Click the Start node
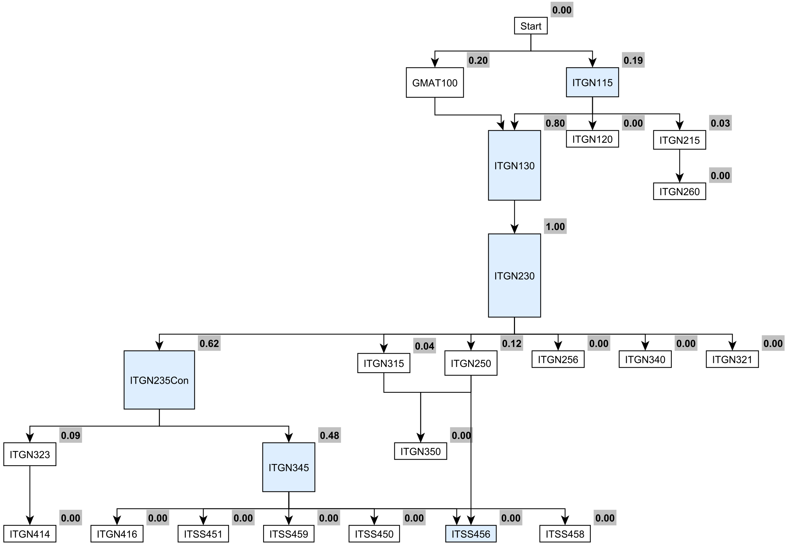(530, 26)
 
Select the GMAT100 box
(435, 82)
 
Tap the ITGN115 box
(592, 82)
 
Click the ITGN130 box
(514, 165)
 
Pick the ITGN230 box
(514, 275)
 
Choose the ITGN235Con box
(159, 380)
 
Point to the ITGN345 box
(288, 467)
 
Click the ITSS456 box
(471, 534)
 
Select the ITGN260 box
(679, 191)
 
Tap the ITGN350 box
(420, 451)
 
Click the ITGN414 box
(30, 534)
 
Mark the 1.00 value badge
(555, 227)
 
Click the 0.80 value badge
(555, 123)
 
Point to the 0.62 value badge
(209, 343)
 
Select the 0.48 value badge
(329, 436)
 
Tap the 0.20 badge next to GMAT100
(478, 60)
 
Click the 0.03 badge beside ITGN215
(720, 123)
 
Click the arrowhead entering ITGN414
(30, 521)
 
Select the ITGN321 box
(732, 359)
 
